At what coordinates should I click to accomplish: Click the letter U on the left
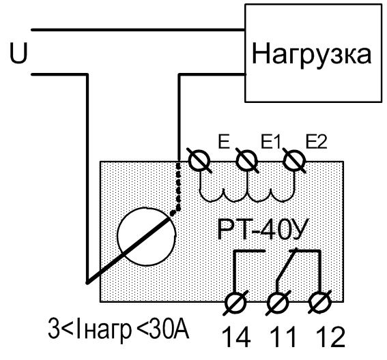tap(18, 53)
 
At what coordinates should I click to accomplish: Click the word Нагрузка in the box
tap(311, 55)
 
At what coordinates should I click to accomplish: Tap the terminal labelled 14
tap(235, 303)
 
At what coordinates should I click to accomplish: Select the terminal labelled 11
tap(278, 303)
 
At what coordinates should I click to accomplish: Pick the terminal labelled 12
tap(319, 303)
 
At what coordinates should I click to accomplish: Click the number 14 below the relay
tap(236, 337)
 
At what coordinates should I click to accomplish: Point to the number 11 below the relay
tap(283, 337)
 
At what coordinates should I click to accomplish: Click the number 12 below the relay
tap(330, 337)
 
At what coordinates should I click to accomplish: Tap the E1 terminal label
tap(271, 142)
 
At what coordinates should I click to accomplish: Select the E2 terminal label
tap(317, 142)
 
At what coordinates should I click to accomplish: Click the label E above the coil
tap(224, 142)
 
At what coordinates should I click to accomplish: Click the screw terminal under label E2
tap(294, 161)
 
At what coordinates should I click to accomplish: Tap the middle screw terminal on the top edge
tap(247, 161)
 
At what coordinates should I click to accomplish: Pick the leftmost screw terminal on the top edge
tap(199, 161)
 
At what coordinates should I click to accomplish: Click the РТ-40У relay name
tap(263, 230)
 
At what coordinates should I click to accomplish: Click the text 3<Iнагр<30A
tap(119, 329)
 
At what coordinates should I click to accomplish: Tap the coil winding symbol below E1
tap(247, 195)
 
